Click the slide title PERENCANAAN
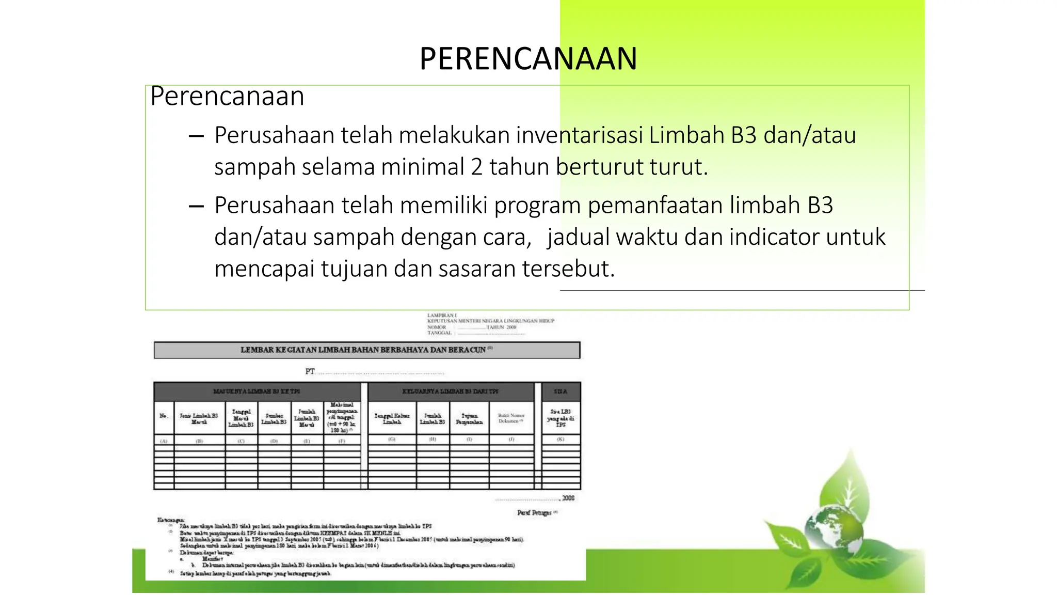pos(528,58)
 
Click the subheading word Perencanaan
pos(227,96)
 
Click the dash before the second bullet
pos(196,207)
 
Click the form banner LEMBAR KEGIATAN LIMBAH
pos(366,350)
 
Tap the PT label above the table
pos(310,371)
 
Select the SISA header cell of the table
pos(560,392)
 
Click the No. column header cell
pos(164,416)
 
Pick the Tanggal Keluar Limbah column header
pos(392,418)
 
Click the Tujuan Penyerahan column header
pos(469,418)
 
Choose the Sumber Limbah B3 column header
pos(274,418)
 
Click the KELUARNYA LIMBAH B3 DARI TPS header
pos(450,392)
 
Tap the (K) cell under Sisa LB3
pos(560,440)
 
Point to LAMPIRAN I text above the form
pos(442,315)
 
